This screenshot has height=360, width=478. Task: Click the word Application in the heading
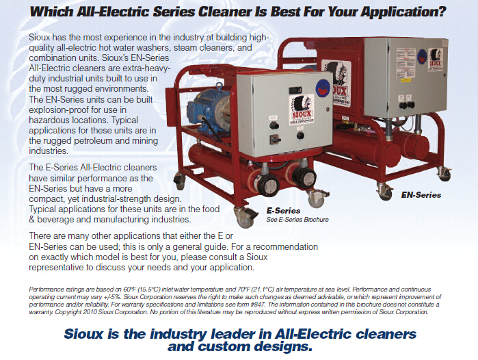coord(403,12)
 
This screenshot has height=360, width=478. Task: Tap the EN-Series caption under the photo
coord(421,195)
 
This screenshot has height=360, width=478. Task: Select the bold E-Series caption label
coord(283,211)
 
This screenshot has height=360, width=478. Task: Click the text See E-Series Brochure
coord(297,220)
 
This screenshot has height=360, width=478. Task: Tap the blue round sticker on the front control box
coord(323,88)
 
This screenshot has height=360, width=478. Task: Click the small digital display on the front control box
coord(295,90)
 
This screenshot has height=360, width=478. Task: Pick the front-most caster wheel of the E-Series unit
coord(245,217)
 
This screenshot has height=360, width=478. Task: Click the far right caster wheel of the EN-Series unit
coord(444,174)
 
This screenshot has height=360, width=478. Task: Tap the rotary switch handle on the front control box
coord(274,140)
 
